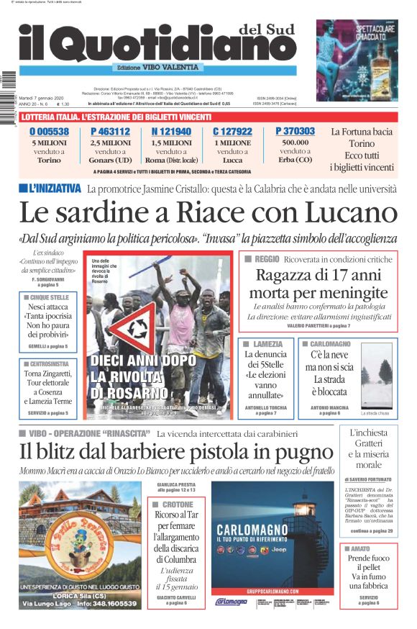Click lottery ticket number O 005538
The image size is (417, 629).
[x=49, y=132]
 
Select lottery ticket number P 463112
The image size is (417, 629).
[x=110, y=132]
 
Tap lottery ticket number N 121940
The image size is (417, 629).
[x=171, y=132]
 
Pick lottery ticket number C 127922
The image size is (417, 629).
[x=232, y=132]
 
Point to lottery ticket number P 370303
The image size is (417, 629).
[x=295, y=131]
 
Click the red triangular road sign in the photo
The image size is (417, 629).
[x=143, y=328]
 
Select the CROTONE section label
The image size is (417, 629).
[x=178, y=504]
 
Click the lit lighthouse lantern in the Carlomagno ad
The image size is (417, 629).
[x=305, y=510]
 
